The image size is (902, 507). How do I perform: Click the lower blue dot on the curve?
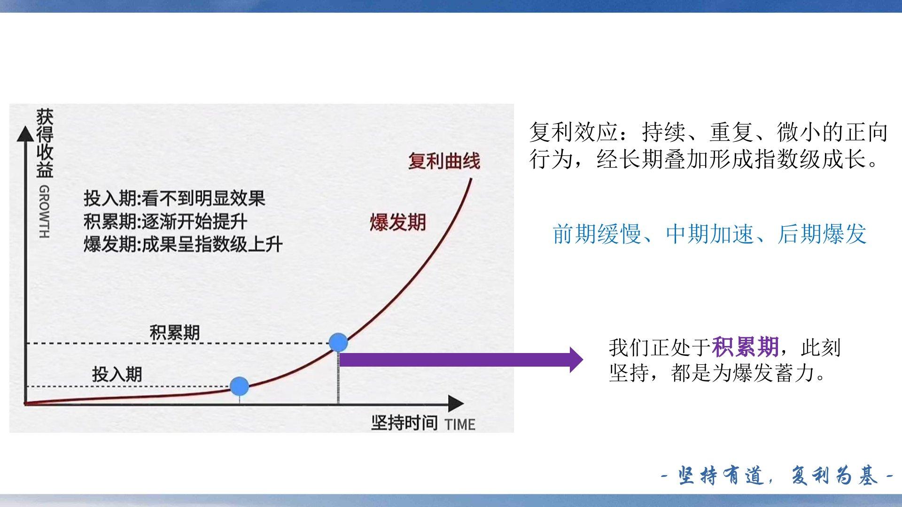tap(240, 386)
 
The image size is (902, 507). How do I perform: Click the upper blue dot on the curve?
tap(338, 343)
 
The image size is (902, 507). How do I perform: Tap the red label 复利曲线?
tap(444, 161)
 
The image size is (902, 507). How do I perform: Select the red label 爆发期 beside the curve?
tap(397, 222)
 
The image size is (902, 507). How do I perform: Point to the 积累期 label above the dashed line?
tap(175, 332)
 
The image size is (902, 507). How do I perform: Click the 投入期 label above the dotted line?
tap(117, 374)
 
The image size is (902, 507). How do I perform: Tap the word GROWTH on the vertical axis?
tap(44, 212)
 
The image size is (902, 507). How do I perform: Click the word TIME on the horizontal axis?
tap(460, 424)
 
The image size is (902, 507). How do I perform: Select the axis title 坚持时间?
tap(404, 422)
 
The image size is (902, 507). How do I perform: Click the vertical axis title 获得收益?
tap(45, 143)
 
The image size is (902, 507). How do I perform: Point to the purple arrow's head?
tap(576, 360)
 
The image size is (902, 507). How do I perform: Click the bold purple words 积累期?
tap(745, 347)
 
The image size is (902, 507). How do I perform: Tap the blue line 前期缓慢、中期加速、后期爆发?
tap(709, 234)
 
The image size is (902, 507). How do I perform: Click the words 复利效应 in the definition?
tap(574, 132)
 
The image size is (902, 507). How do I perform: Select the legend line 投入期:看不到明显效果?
tap(174, 198)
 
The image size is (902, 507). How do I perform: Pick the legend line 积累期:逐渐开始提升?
tap(165, 221)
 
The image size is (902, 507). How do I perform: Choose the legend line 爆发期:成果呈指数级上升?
tap(183, 244)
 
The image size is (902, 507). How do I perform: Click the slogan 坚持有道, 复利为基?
tap(778, 476)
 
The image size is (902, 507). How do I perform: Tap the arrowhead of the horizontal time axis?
tap(456, 403)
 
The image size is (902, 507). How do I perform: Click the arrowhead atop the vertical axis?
tap(25, 133)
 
